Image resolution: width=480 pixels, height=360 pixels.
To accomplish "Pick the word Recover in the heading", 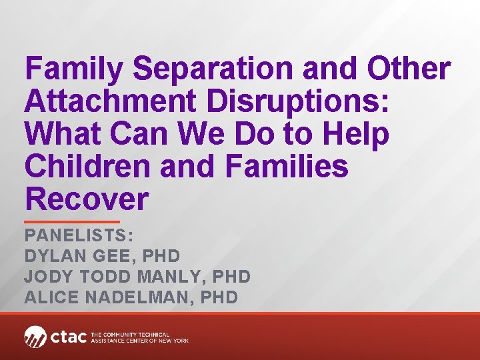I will click(86, 199).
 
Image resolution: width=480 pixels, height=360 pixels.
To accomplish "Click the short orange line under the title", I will click(72, 221).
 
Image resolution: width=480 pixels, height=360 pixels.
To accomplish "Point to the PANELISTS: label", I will click(79, 236).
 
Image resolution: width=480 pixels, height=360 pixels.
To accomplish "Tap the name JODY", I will click(51, 277).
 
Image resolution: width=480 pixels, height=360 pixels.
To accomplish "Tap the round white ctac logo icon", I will click(35, 337).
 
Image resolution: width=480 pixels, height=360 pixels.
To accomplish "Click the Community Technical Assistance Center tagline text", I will click(139, 337).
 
